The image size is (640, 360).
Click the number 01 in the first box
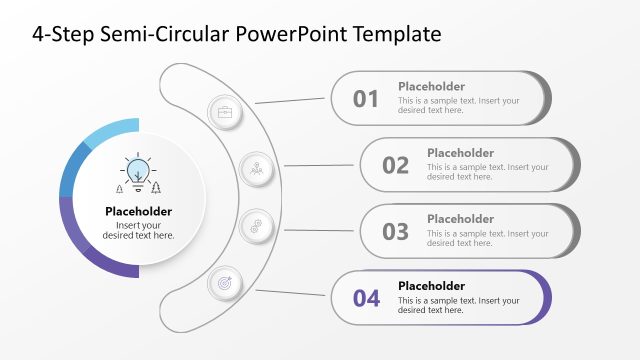pos(366,98)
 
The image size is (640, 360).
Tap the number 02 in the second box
pos(396,165)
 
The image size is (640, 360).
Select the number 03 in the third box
pos(396,232)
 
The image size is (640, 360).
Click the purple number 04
pos(366,298)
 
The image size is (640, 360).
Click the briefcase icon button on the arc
pos(225,112)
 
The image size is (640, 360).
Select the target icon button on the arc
pos(225,283)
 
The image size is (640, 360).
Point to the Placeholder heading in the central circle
pos(138,211)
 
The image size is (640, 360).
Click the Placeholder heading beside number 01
pos(431,86)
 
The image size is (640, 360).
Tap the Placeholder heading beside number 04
pos(431,285)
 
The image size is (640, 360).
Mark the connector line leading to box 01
pos(292,99)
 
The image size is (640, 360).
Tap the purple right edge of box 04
pos(547,298)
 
